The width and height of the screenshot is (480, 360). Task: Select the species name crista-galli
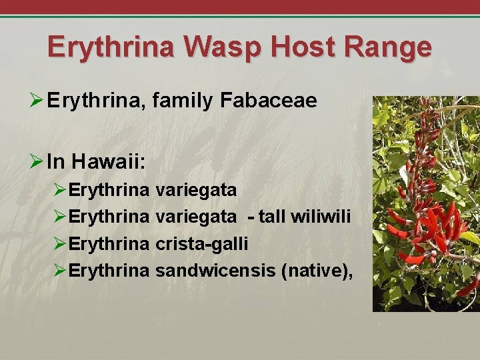click(201, 244)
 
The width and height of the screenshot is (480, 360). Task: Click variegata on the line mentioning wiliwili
click(195, 217)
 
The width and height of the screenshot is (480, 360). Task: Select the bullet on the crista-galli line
click(59, 244)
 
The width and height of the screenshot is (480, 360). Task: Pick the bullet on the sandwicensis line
click(59, 271)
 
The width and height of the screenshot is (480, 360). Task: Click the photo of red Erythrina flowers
click(425, 203)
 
